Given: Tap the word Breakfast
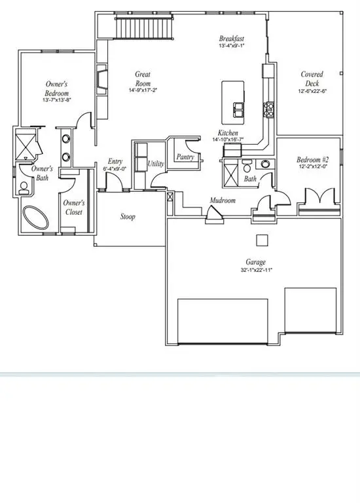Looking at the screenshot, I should point(232,39).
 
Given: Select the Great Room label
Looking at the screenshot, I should point(143,79).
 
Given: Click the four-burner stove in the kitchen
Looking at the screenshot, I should point(268,107).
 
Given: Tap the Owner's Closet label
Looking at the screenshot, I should point(73,208).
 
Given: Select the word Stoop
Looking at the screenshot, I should point(128,217).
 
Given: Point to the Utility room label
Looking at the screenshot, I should point(155,164).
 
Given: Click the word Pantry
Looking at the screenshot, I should point(184,157).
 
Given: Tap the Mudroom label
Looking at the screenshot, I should point(223,200).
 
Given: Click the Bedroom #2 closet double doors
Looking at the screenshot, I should point(318,196).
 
